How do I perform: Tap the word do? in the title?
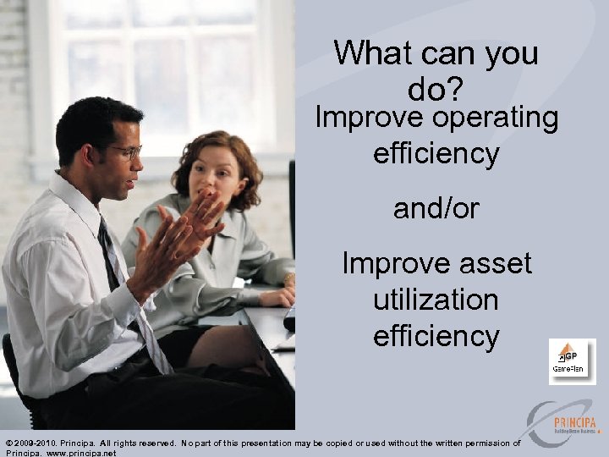436,89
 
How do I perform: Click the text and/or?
436,209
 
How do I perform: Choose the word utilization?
436,300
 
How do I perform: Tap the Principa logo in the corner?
562,423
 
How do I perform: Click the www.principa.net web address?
83,453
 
